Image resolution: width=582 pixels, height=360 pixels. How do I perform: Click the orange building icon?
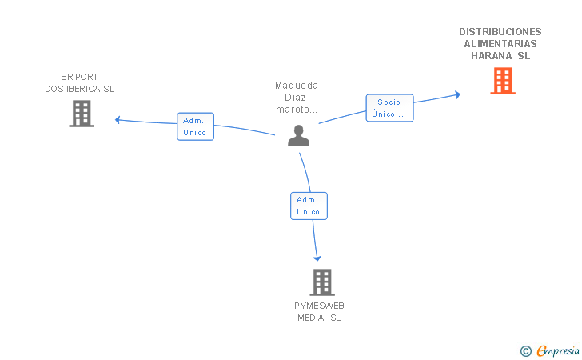[x=503, y=81]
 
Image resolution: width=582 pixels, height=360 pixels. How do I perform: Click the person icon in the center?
[x=298, y=136]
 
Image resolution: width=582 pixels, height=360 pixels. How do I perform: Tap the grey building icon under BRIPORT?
[x=82, y=114]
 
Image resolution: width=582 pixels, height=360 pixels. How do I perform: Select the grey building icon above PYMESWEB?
[x=322, y=282]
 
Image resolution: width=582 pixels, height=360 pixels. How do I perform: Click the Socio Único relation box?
[x=390, y=108]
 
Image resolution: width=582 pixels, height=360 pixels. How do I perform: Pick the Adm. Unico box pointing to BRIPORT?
[x=195, y=126]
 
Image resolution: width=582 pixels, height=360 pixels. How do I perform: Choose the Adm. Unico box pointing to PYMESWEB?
[x=309, y=206]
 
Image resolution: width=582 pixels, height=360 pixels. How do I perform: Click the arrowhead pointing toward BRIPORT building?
[x=118, y=120]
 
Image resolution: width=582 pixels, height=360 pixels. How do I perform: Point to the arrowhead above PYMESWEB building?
[x=317, y=258]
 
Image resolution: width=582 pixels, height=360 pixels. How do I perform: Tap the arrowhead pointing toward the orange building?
[x=458, y=94]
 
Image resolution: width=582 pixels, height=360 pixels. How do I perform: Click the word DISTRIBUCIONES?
[x=500, y=31]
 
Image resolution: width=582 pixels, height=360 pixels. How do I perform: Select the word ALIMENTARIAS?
[x=500, y=44]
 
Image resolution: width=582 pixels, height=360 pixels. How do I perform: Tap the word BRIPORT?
[x=79, y=77]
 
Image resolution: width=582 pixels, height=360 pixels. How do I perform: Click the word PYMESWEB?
[x=319, y=306]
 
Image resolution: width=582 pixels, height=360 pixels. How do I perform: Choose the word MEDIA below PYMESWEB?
[x=311, y=318]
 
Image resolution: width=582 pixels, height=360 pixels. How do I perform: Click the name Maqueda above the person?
[x=297, y=86]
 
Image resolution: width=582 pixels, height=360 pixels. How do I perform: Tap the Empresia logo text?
[x=558, y=350]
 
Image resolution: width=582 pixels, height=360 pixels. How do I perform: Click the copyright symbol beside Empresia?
[x=526, y=351]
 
